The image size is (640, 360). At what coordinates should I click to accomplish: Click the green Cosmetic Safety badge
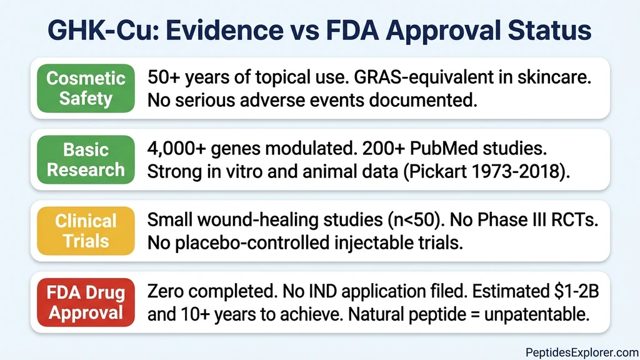[x=86, y=88]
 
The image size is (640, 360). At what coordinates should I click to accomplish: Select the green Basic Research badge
[x=86, y=160]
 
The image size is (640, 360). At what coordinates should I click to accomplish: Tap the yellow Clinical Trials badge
[x=86, y=231]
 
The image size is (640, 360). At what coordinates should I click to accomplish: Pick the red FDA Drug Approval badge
[x=86, y=303]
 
